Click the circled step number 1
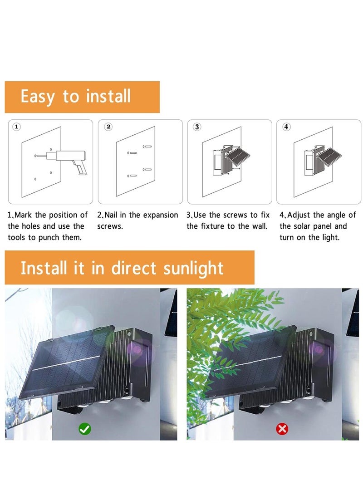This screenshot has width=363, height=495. [x=17, y=127]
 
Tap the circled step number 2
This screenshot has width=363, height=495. [x=108, y=127]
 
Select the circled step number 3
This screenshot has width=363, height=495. [x=197, y=127]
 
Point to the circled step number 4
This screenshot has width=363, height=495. [x=286, y=127]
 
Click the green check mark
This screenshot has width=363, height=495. [x=84, y=428]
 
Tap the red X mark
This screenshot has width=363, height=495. [x=282, y=428]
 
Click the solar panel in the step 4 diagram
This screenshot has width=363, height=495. [x=331, y=157]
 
